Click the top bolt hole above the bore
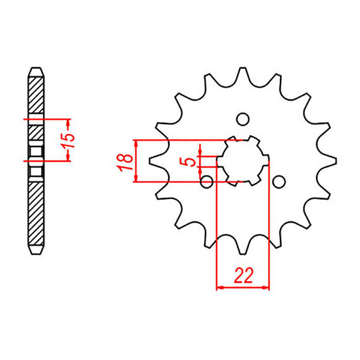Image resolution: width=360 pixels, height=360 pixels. pos(243,119)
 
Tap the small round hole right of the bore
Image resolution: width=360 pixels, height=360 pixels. pos(279,181)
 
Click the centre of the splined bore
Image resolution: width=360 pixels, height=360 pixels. pos(243,161)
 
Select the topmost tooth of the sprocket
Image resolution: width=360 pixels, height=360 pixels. pos(243,69)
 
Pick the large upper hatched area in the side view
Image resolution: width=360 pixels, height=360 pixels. pos(36,93)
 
